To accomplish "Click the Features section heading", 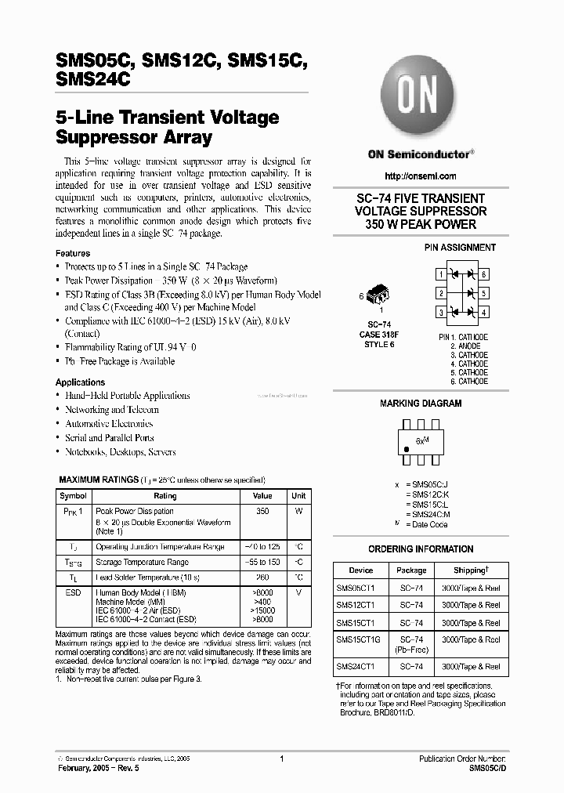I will click(x=73, y=253).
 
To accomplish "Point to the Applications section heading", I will click(x=80, y=382).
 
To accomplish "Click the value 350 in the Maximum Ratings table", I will click(x=262, y=511).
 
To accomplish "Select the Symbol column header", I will click(x=74, y=496).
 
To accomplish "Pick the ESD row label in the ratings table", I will click(x=74, y=593).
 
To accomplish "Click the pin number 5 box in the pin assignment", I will click(x=485, y=293).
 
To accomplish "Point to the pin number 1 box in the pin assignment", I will click(x=441, y=274).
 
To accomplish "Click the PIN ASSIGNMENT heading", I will click(x=460, y=247).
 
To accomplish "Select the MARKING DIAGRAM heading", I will click(x=421, y=404).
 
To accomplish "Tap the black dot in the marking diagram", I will click(x=407, y=449).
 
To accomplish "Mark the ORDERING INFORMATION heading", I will click(x=421, y=549).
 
